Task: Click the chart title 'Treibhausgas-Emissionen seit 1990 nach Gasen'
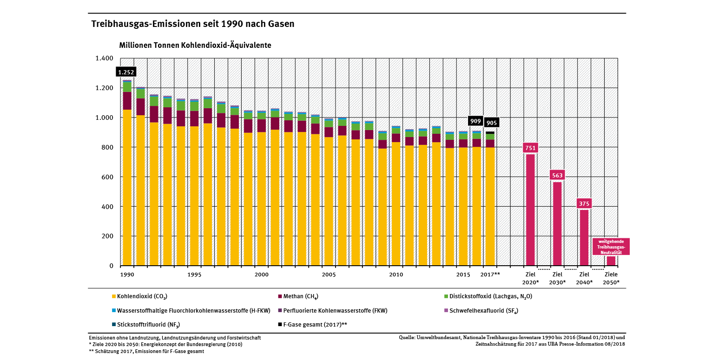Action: pyautogui.click(x=192, y=24)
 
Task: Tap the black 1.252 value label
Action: pyautogui.click(x=125, y=72)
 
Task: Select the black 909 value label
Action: pyautogui.click(x=476, y=121)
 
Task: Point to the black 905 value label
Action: pyautogui.click(x=491, y=123)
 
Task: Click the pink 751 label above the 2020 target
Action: pyautogui.click(x=530, y=148)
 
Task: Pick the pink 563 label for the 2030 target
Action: pyautogui.click(x=557, y=176)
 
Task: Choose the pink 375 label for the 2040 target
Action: pyautogui.click(x=584, y=203)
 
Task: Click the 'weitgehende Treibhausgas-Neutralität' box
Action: pyautogui.click(x=611, y=247)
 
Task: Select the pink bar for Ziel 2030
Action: pyautogui.click(x=557, y=223)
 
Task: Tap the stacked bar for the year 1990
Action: pyautogui.click(x=127, y=186)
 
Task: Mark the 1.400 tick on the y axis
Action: pyautogui.click(x=105, y=59)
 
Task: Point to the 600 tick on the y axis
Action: pyautogui.click(x=108, y=177)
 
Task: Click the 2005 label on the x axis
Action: pyautogui.click(x=329, y=275)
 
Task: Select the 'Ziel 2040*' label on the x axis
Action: pyautogui.click(x=584, y=278)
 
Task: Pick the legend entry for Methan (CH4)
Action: pyautogui.click(x=297, y=296)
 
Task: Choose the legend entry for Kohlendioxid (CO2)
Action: pyautogui.click(x=139, y=296)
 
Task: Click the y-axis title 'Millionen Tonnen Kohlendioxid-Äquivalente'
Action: pyautogui.click(x=195, y=46)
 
